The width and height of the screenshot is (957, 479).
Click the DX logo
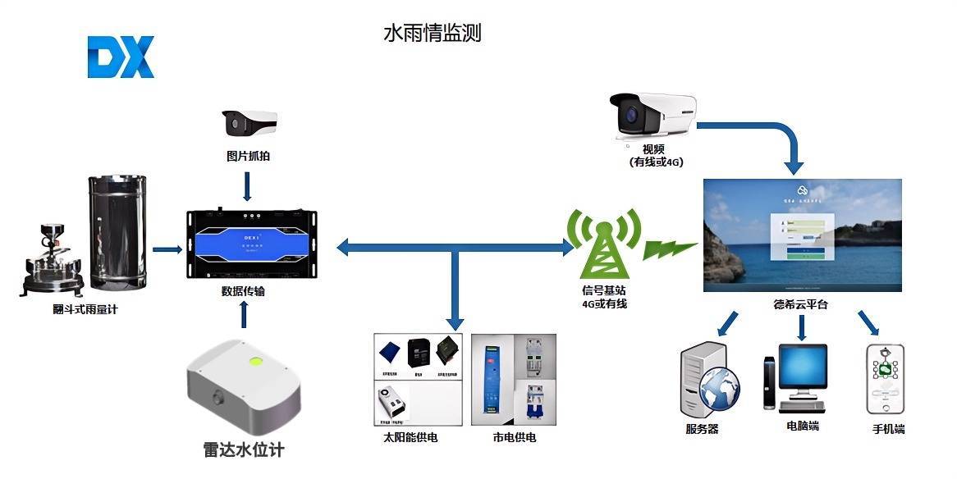121,58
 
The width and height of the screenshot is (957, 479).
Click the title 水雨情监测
432,33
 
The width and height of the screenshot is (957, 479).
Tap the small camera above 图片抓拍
248,124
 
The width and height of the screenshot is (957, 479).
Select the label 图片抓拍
248,155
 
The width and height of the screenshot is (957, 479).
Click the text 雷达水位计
244,450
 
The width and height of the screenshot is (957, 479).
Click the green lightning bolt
670,246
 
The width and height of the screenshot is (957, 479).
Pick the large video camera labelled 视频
652,118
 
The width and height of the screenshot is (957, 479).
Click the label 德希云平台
800,304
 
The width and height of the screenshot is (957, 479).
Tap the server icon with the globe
709,382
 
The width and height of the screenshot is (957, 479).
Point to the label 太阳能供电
410,438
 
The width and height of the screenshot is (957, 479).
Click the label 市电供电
515,438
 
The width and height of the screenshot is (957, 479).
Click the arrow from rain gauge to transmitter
167,249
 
